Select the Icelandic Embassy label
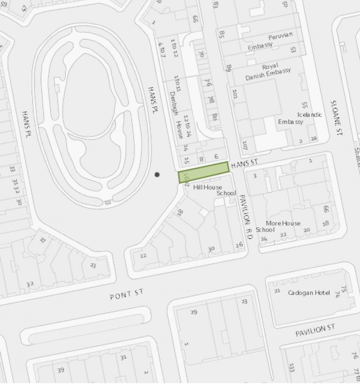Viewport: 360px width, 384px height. click(300, 118)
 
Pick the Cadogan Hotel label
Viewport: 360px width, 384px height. click(308, 293)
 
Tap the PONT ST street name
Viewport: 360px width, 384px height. click(127, 295)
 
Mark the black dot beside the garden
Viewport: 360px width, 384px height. click(157, 175)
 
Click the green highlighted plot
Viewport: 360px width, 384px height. click(203, 172)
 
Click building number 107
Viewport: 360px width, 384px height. click(245, 144)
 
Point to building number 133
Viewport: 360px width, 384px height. click(292, 367)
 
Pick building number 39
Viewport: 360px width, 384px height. click(60, 370)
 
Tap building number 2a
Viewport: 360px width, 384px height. click(314, 138)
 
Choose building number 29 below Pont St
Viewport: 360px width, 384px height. click(194, 312)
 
